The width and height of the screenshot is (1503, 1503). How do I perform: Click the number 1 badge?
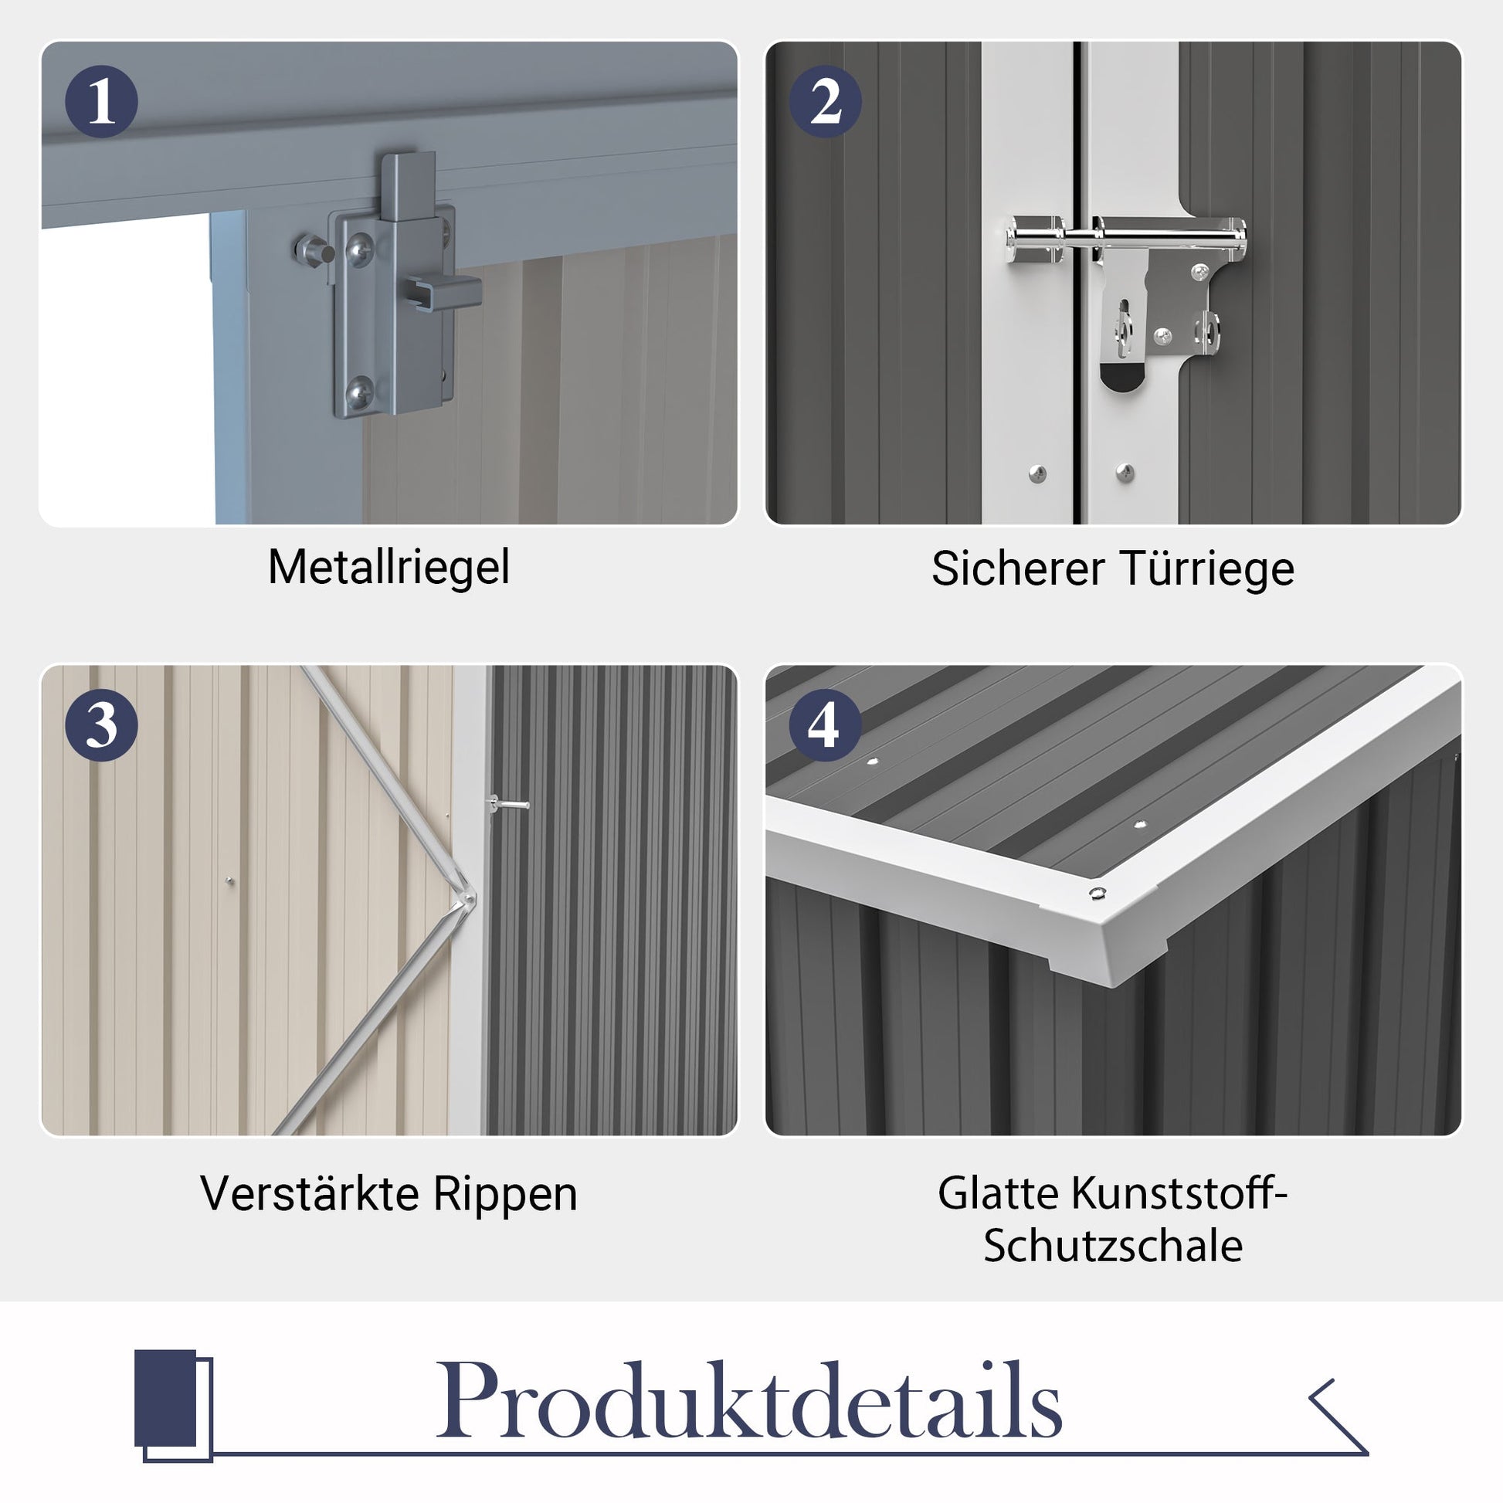click(x=101, y=102)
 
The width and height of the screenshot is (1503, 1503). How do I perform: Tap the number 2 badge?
click(x=825, y=102)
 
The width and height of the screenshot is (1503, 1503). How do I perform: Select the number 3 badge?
click(x=101, y=726)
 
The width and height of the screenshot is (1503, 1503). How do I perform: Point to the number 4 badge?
click(x=825, y=726)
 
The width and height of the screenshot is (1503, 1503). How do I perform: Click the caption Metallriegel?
click(x=389, y=567)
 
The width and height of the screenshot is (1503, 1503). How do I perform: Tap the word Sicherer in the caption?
click(x=1018, y=568)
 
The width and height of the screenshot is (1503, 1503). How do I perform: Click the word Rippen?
click(x=505, y=1195)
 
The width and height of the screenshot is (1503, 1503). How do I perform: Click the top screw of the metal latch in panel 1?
click(x=358, y=248)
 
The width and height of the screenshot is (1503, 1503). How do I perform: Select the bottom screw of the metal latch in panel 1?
click(x=358, y=391)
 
